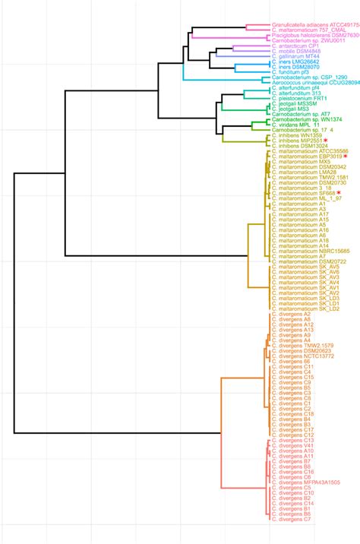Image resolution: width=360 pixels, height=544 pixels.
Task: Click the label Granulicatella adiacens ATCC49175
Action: pos(314,24)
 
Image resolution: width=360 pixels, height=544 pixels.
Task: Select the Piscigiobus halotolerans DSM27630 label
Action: pos(314,35)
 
